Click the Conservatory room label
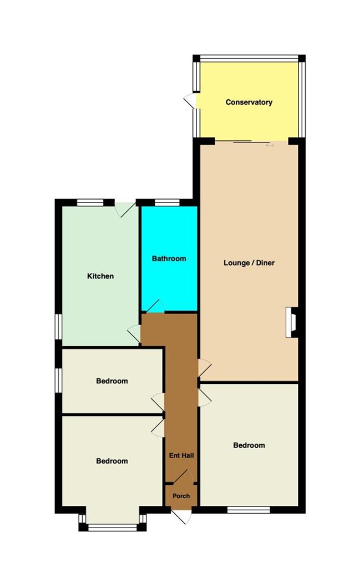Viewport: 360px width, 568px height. click(x=249, y=102)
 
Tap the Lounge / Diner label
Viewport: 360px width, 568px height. click(x=249, y=262)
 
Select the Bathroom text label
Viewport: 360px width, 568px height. click(x=169, y=258)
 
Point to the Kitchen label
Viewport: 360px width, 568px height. click(x=100, y=276)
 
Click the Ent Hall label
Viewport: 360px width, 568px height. click(x=181, y=455)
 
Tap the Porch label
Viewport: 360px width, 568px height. click(x=181, y=496)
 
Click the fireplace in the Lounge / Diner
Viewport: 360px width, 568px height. click(x=292, y=322)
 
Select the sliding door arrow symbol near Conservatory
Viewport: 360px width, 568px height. click(x=270, y=145)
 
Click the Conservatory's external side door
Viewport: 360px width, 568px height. click(x=190, y=101)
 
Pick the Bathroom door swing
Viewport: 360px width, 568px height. click(x=156, y=306)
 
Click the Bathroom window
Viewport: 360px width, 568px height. click(x=167, y=202)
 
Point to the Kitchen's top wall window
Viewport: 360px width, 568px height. click(x=90, y=202)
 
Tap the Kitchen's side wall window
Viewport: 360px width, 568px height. click(x=58, y=326)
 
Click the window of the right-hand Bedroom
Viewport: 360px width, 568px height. click(x=249, y=510)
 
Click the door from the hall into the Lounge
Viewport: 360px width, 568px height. click(x=205, y=368)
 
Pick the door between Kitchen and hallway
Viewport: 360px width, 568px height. click(x=134, y=333)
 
